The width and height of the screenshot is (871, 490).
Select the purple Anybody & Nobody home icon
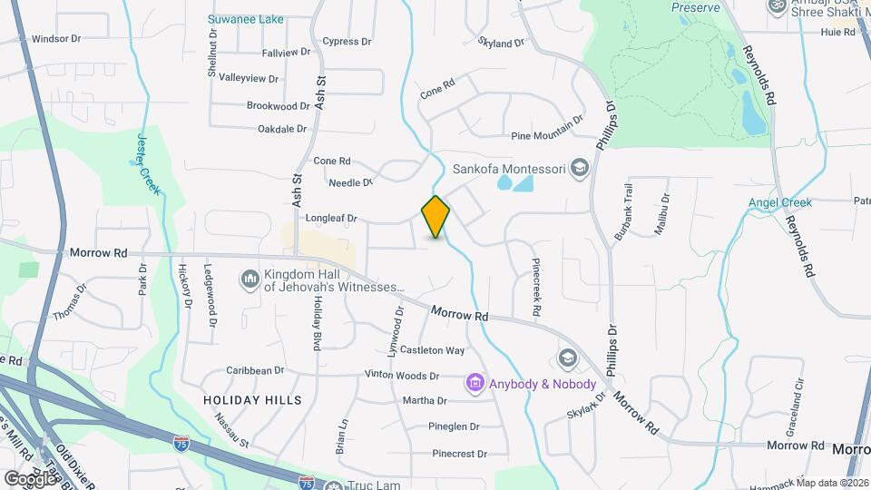(x=475, y=384)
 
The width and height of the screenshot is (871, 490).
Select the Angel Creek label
(x=779, y=202)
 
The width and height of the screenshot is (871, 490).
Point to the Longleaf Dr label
(x=332, y=219)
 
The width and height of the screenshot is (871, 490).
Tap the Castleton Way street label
(x=433, y=350)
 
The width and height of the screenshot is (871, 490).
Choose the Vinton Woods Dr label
(x=402, y=376)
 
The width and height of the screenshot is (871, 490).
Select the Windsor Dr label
(x=56, y=39)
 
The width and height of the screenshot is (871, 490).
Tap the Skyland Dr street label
(x=501, y=42)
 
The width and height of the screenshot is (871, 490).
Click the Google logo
(x=30, y=477)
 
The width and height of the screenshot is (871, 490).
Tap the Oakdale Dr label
(x=282, y=130)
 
